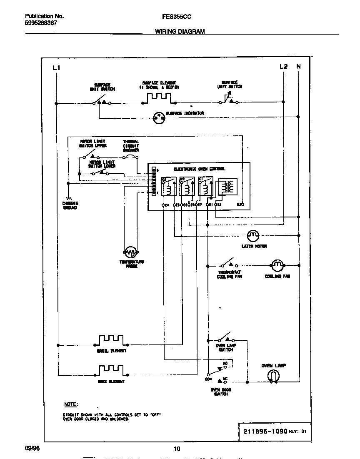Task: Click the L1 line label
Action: tap(56, 67)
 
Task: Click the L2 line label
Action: tap(283, 67)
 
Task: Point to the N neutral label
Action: tap(298, 67)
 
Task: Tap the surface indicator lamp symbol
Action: tap(158, 118)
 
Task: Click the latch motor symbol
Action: tap(253, 236)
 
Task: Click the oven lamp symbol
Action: tap(273, 376)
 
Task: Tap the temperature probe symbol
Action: tap(130, 252)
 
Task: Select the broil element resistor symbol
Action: tap(111, 340)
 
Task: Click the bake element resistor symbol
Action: tap(111, 370)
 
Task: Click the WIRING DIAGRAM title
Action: tap(180, 31)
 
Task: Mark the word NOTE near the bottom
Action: tap(70, 404)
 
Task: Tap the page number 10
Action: tap(177, 449)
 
